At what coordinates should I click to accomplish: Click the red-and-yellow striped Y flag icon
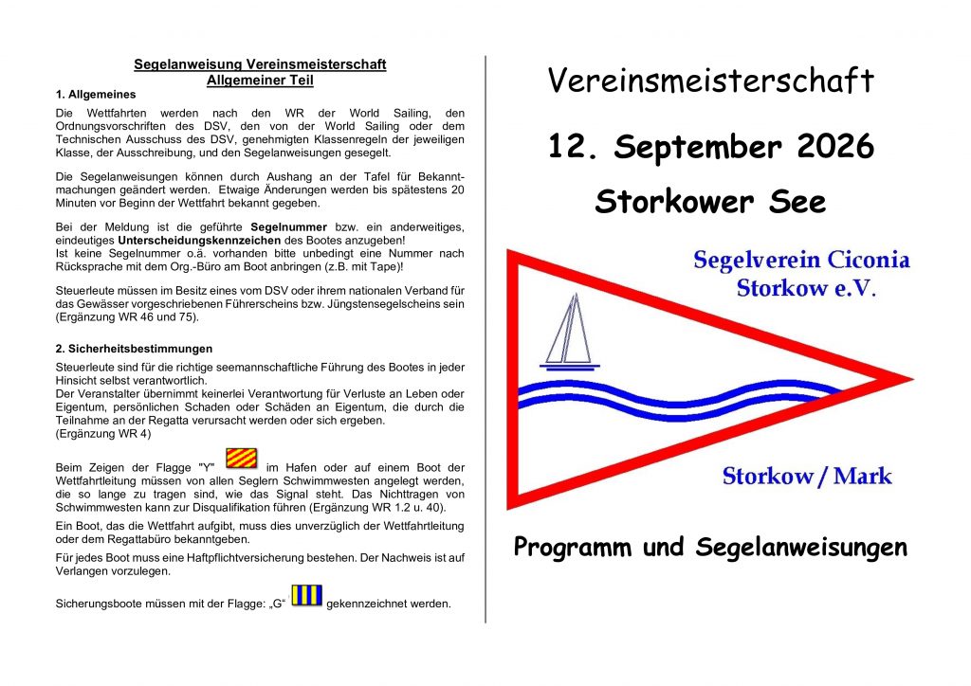pyautogui.click(x=241, y=459)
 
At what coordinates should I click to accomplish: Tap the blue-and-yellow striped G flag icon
pyautogui.click(x=306, y=596)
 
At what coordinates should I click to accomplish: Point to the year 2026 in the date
pyautogui.click(x=835, y=147)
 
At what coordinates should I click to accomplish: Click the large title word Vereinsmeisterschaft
pyautogui.click(x=710, y=81)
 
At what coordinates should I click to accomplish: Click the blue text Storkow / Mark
pyautogui.click(x=807, y=476)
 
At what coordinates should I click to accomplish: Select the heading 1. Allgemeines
pyautogui.click(x=96, y=95)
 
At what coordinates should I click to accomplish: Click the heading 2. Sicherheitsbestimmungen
pyautogui.click(x=134, y=349)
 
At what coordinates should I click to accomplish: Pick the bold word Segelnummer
pyautogui.click(x=288, y=227)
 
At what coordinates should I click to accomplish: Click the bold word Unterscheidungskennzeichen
pyautogui.click(x=200, y=240)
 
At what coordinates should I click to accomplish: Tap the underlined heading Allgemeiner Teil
pyautogui.click(x=260, y=81)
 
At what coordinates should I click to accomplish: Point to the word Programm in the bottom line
pyautogui.click(x=572, y=548)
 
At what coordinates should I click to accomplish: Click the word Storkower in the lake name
pyautogui.click(x=674, y=202)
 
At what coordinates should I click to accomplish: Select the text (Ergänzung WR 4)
pyautogui.click(x=103, y=434)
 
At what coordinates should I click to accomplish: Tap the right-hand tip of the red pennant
pyautogui.click(x=913, y=379)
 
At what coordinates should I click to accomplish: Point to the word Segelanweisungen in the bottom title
pyautogui.click(x=801, y=548)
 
